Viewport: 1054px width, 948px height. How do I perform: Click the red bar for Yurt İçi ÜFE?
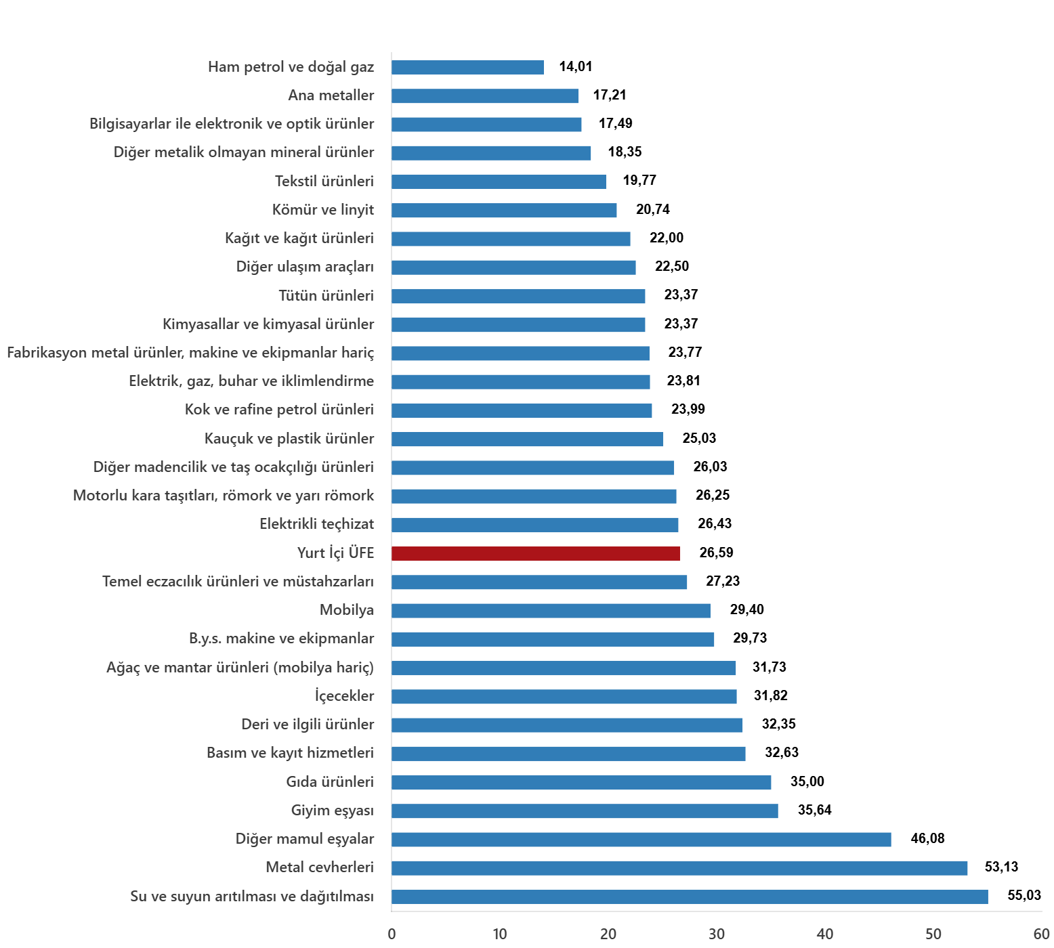(x=536, y=553)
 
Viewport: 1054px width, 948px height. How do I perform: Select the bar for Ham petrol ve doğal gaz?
(x=467, y=67)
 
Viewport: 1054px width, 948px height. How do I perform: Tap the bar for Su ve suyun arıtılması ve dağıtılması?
(x=690, y=897)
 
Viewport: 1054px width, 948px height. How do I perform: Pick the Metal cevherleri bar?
(x=679, y=868)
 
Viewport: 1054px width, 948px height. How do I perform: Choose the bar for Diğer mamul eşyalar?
(x=641, y=840)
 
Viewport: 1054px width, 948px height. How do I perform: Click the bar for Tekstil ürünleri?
(x=499, y=181)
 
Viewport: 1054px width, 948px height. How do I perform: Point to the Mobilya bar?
(x=551, y=611)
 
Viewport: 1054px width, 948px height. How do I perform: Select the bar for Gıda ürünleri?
(x=581, y=782)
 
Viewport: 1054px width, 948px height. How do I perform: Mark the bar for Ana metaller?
(x=485, y=95)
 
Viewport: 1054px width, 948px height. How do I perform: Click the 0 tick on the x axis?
(x=392, y=934)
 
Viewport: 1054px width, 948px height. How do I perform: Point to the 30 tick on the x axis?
(x=717, y=934)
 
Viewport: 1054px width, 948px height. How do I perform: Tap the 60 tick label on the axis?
(x=1042, y=934)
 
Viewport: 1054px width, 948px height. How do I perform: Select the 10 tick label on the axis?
(x=500, y=934)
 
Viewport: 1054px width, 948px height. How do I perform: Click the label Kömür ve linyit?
(x=323, y=210)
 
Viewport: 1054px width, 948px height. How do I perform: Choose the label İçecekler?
(x=344, y=696)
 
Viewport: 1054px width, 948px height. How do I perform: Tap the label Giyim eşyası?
(x=332, y=811)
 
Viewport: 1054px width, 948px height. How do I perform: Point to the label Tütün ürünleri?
(x=326, y=296)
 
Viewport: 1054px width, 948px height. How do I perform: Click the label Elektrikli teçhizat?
(x=316, y=524)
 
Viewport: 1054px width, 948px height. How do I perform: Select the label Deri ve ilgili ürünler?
(x=308, y=725)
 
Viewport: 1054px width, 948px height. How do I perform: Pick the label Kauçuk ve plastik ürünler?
(x=289, y=439)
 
